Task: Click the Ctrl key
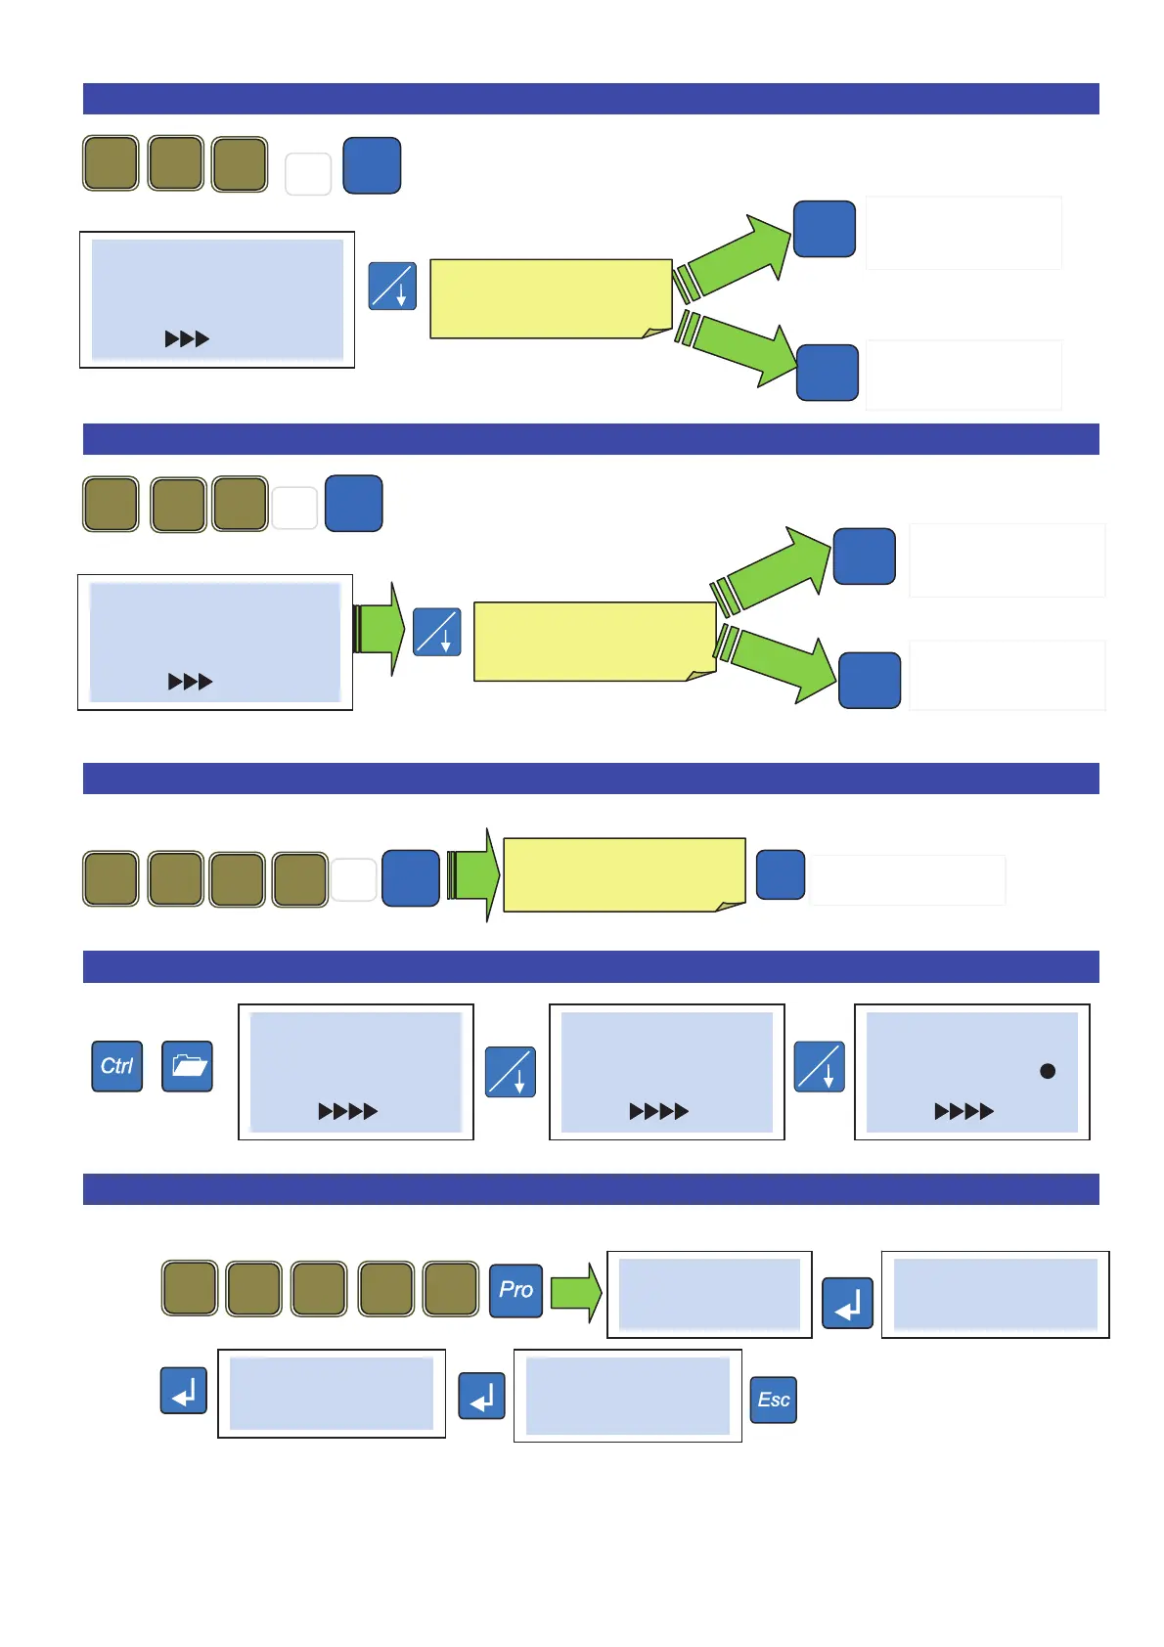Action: point(117,1066)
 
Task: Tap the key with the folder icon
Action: point(187,1066)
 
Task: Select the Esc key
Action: point(773,1400)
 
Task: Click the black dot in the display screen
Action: point(1048,1071)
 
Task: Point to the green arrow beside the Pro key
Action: point(576,1292)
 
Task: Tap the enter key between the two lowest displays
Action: point(482,1396)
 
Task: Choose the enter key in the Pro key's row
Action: point(847,1303)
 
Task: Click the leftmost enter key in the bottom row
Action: point(184,1391)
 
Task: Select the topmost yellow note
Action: point(551,299)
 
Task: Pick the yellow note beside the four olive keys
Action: point(624,874)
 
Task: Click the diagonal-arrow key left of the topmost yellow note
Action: point(392,287)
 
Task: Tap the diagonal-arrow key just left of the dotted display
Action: point(819,1066)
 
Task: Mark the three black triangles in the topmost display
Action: point(187,339)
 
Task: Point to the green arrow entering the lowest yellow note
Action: point(473,874)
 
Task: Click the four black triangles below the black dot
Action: point(963,1111)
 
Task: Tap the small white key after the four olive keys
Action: point(354,879)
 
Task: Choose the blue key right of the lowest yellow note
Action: point(781,874)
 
